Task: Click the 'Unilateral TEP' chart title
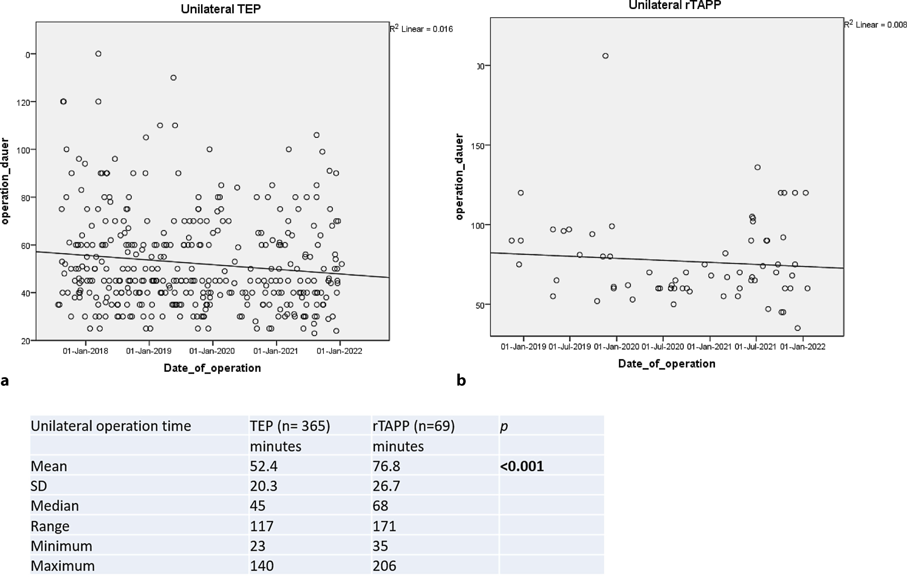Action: pyautogui.click(x=220, y=9)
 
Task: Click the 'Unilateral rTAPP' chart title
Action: pyautogui.click(x=675, y=5)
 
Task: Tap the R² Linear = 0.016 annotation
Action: pyautogui.click(x=421, y=29)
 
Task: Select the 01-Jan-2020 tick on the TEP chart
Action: pyautogui.click(x=212, y=351)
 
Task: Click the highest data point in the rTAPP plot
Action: pyautogui.click(x=605, y=56)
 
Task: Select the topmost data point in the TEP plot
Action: pyautogui.click(x=98, y=54)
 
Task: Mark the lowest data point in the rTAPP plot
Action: pyautogui.click(x=798, y=328)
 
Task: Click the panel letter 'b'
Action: pyautogui.click(x=461, y=380)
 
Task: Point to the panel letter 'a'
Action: pyautogui.click(x=5, y=381)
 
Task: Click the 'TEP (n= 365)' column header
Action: pyautogui.click(x=290, y=426)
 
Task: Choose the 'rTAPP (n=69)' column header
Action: pyautogui.click(x=413, y=426)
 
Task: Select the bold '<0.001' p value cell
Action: pyautogui.click(x=522, y=466)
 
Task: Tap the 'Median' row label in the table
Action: pyautogui.click(x=55, y=506)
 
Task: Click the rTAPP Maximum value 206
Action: pyautogui.click(x=384, y=566)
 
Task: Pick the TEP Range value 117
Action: pyautogui.click(x=262, y=526)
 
